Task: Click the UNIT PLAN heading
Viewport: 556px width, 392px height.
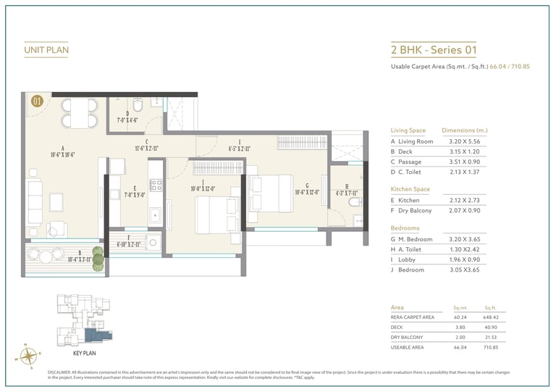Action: (46, 50)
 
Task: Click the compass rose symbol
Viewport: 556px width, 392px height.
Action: (29, 354)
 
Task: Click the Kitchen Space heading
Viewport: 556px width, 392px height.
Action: (410, 188)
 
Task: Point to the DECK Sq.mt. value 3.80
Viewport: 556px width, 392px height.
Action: (460, 327)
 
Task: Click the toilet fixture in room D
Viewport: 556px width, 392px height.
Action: (139, 102)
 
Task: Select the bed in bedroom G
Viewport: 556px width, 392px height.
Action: (264, 193)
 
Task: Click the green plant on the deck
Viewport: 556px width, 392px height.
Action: (98, 259)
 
